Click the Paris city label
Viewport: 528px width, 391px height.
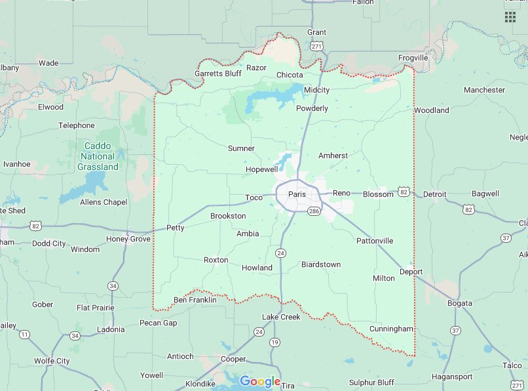[x=297, y=194]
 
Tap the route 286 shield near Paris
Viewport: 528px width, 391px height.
[x=313, y=211]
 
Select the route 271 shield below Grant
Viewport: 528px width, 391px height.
[x=317, y=46]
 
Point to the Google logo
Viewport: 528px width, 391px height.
[x=260, y=381]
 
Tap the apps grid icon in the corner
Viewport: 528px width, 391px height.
[x=510, y=17]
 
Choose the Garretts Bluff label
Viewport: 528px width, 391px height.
[x=218, y=73]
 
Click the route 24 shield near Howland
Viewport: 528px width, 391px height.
[x=281, y=253]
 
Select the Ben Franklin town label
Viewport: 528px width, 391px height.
[x=195, y=300]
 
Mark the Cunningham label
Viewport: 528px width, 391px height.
[x=391, y=329]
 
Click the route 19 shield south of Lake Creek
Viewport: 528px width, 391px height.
[x=274, y=342]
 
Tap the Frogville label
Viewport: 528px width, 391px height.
[x=413, y=58]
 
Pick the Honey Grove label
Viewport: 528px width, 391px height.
[x=128, y=239]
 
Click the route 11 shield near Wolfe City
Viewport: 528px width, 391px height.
[x=25, y=335]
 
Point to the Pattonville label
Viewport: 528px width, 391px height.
[x=375, y=241]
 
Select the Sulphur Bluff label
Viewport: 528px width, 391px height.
[x=372, y=382]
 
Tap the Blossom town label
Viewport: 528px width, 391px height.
[x=378, y=194]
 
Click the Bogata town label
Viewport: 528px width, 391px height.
[x=460, y=303]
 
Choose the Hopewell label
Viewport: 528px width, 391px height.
[x=262, y=169]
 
